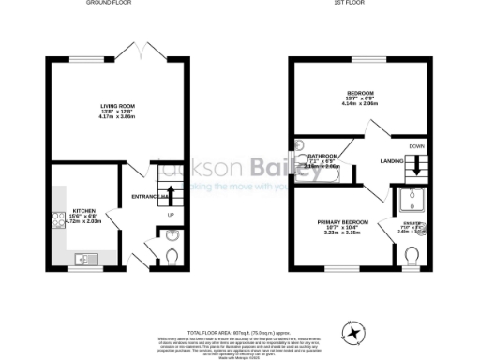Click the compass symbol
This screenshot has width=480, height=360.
(x=353, y=330)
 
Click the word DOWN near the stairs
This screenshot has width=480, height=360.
(x=416, y=146)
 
